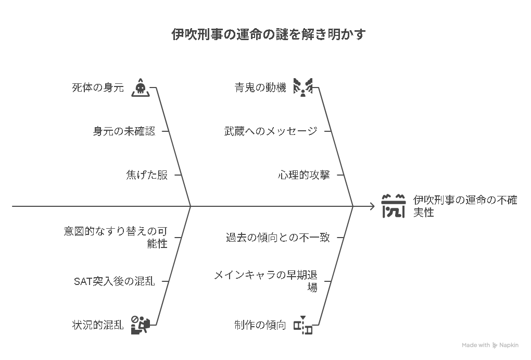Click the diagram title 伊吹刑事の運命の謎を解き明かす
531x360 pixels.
click(268, 34)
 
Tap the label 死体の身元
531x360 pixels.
click(98, 88)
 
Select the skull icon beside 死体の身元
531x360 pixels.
click(141, 88)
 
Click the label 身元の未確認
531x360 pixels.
click(124, 131)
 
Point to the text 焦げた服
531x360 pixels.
click(147, 175)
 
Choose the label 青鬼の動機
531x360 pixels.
click(260, 88)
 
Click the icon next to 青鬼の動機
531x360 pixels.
click(303, 88)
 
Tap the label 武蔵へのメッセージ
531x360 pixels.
click(271, 131)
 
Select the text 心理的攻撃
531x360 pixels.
click(304, 175)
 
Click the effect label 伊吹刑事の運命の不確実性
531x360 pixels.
click(465, 206)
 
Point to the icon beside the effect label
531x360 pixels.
click(393, 206)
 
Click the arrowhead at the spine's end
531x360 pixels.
click(373, 206)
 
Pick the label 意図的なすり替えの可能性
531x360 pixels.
click(116, 237)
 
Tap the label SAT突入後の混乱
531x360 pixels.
click(115, 281)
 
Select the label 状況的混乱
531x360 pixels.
click(98, 325)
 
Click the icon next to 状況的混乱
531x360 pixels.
click(141, 325)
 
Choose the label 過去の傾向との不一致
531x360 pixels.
click(277, 237)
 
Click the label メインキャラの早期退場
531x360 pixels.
click(266, 281)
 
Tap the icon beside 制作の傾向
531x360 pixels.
click(303, 325)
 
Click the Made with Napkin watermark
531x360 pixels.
click(490, 345)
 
